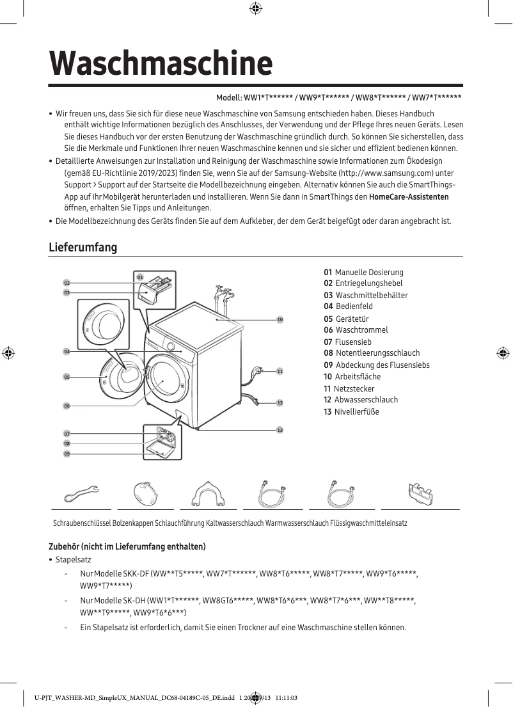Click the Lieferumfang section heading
[83, 247]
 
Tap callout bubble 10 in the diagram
[280, 319]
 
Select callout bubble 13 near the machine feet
[280, 430]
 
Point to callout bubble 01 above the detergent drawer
[139, 277]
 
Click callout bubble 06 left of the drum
[67, 406]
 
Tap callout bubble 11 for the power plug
[280, 371]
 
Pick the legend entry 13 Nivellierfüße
[351, 411]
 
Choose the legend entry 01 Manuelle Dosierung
[363, 272]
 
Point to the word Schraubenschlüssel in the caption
[82, 523]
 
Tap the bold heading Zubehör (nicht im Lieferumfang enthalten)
[127, 546]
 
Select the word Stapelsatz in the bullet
[73, 560]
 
